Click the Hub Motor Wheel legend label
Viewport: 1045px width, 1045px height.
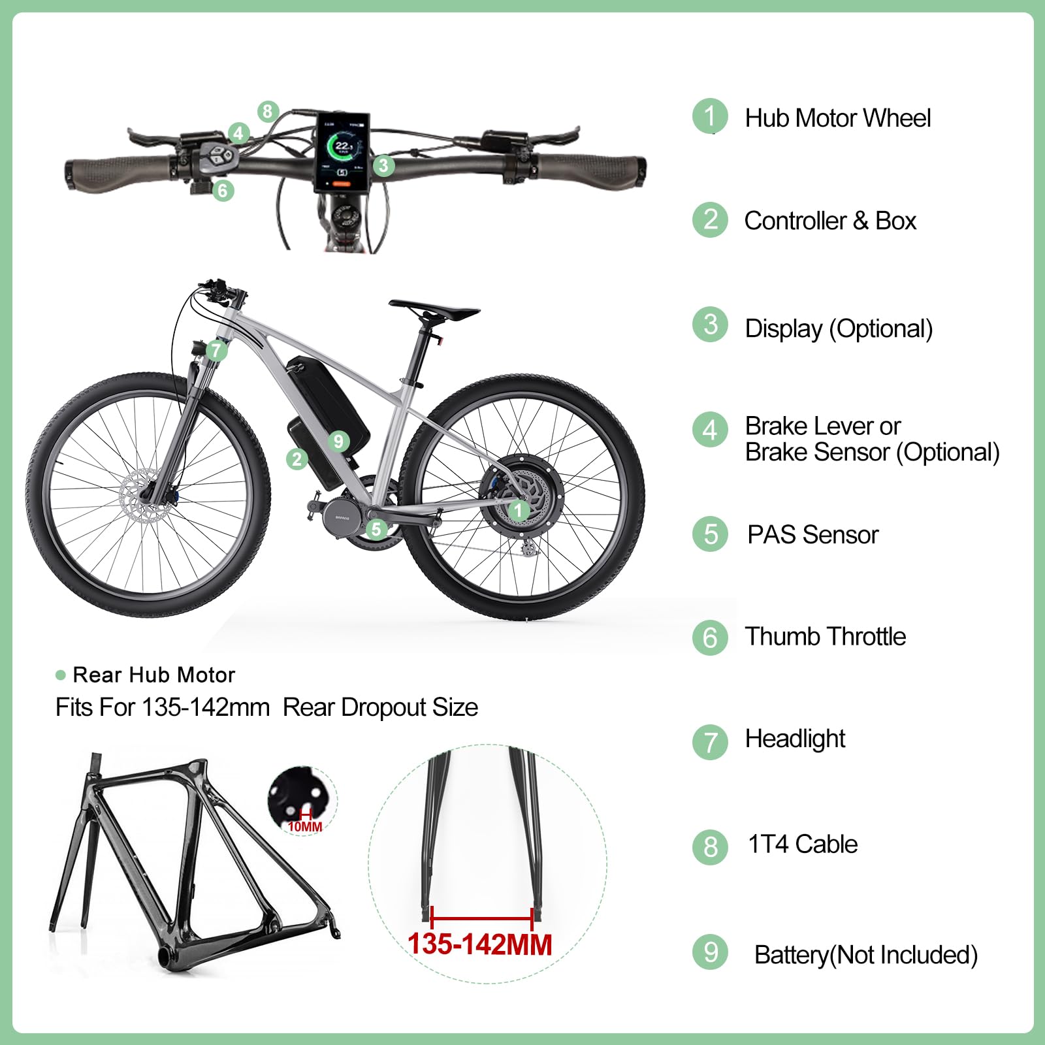point(838,118)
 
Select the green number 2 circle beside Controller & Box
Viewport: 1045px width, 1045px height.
point(710,220)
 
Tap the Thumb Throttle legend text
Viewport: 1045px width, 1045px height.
point(826,636)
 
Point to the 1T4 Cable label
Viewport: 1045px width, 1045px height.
point(803,844)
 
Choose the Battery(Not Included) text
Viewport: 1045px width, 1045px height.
point(866,955)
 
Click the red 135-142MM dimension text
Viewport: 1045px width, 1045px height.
point(480,944)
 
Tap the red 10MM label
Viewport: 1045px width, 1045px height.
point(305,827)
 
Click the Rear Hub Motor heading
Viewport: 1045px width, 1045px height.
point(153,675)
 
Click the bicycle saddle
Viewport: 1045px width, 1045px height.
point(434,310)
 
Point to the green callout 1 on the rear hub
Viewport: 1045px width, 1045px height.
point(519,510)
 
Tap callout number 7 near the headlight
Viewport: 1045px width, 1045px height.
point(216,351)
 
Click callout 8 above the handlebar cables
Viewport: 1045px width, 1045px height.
point(268,111)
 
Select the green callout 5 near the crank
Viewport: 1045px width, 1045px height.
point(376,528)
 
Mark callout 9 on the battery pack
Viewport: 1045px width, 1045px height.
point(338,442)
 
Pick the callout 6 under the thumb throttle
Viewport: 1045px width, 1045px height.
point(223,190)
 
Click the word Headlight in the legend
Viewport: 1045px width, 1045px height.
point(795,739)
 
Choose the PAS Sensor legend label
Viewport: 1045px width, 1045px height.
point(813,534)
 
